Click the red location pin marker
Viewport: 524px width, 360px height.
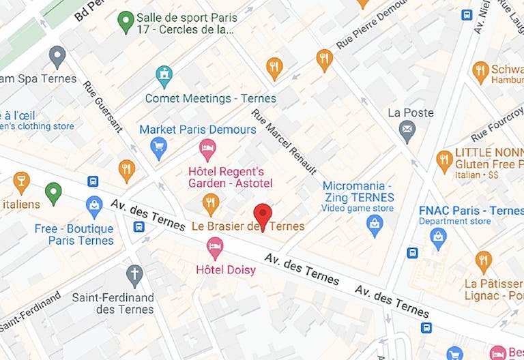point(263,216)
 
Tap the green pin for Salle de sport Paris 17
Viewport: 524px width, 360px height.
point(126,22)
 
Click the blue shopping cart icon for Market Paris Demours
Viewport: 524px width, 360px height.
point(159,147)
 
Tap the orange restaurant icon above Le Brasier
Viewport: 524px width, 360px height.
point(211,202)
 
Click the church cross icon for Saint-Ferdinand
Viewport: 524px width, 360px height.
point(134,275)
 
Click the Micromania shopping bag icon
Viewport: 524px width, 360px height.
point(375,224)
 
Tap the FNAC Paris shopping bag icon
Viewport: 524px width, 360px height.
point(438,237)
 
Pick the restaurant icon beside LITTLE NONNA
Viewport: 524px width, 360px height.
point(444,160)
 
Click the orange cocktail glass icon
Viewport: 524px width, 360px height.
point(21,181)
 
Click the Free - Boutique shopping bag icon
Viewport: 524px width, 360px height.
point(94,205)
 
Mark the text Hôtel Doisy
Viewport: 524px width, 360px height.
point(226,270)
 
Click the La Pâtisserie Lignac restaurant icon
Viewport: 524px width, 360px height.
point(483,260)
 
